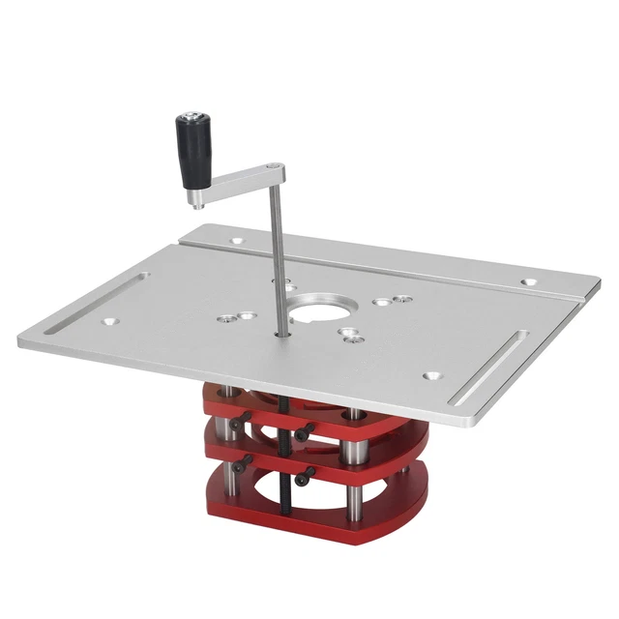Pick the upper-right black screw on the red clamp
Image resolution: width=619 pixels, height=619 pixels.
coord(302,433)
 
